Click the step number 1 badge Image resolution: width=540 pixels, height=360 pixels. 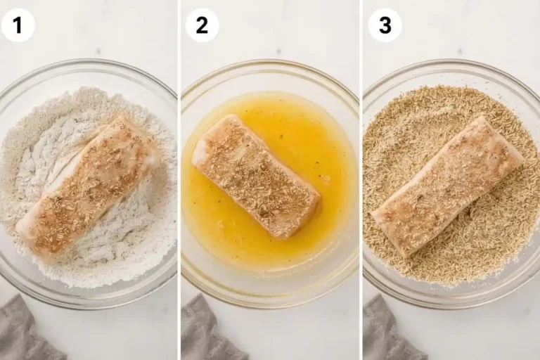click(18, 25)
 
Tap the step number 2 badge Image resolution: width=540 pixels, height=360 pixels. click(202, 25)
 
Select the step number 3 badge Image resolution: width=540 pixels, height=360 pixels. click(385, 25)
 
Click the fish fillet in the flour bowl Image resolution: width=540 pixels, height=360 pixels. click(89, 186)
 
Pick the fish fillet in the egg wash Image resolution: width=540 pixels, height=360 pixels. click(257, 176)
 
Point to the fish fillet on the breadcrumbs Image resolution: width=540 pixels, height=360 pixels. click(448, 186)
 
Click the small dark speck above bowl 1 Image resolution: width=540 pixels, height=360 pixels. click(99, 51)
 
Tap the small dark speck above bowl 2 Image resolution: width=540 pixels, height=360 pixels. click(280, 51)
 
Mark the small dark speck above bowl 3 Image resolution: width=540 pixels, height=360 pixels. click(461, 51)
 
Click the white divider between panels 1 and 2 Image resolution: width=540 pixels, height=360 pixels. click(179, 180)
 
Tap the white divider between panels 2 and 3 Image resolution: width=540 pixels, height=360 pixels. click(361, 180)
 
